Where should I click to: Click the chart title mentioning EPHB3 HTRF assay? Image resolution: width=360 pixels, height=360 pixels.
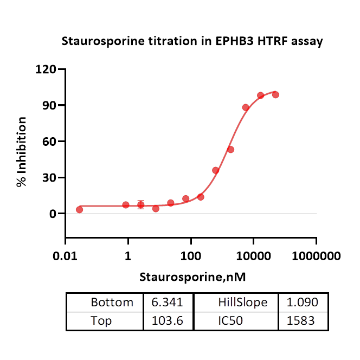[x=192, y=41]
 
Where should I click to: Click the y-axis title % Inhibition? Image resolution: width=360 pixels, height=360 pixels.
[x=22, y=152]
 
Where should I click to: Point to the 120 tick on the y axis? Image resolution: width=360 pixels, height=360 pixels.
[x=46, y=69]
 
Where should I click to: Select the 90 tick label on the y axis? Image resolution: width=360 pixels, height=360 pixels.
[x=49, y=105]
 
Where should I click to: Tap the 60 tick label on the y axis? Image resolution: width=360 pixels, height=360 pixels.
[x=49, y=142]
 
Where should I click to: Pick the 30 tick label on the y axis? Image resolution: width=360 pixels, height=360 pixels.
[x=49, y=178]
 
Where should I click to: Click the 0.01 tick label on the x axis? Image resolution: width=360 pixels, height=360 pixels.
[x=66, y=255]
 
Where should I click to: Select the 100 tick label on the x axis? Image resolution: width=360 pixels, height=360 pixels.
[x=191, y=255]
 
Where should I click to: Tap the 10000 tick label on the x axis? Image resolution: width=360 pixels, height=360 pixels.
[x=253, y=255]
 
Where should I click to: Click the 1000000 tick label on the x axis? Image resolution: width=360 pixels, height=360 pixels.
[x=316, y=255]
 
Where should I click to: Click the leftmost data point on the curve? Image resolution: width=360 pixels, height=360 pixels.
[x=80, y=209]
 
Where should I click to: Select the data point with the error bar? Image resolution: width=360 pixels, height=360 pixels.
[x=141, y=205]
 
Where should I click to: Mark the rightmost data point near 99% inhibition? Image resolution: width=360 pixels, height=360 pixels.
[x=275, y=94]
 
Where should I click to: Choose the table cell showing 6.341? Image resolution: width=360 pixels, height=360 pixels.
[x=168, y=303]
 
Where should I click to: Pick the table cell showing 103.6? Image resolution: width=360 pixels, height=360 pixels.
[x=168, y=321]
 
